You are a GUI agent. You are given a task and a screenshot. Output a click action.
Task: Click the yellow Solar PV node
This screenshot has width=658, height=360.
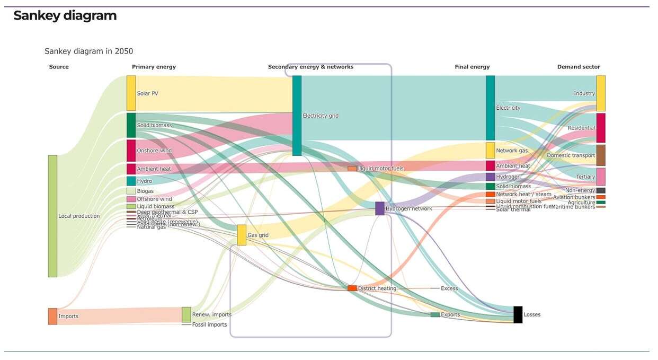click(131, 93)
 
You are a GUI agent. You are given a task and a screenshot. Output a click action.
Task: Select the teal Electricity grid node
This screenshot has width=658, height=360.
click(297, 116)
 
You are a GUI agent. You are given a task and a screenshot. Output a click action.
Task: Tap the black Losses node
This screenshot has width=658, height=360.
click(518, 314)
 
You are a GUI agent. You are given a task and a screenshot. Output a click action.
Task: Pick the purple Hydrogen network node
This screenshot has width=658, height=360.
click(379, 208)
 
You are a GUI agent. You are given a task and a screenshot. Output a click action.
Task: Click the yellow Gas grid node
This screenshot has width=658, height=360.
click(241, 235)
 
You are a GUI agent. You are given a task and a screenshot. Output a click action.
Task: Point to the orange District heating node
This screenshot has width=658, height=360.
click(352, 288)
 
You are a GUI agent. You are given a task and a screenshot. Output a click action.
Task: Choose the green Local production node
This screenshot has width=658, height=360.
click(52, 216)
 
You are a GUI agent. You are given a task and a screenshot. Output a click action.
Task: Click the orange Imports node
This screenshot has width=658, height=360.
click(52, 316)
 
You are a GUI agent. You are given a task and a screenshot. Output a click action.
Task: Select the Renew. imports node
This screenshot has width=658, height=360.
click(186, 314)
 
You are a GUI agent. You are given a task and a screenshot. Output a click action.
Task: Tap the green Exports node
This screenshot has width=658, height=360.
click(434, 315)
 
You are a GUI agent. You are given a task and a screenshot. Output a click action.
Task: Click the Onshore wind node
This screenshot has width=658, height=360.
click(131, 151)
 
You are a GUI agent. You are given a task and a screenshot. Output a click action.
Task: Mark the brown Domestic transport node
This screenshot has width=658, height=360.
click(600, 155)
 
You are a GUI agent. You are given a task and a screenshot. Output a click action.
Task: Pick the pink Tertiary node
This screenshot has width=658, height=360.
click(600, 177)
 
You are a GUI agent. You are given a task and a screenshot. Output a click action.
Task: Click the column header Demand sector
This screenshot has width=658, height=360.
click(578, 67)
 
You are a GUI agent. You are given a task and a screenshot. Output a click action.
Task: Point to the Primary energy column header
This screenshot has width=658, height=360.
click(154, 67)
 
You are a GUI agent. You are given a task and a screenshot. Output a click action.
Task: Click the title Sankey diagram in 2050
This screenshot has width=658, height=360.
click(88, 51)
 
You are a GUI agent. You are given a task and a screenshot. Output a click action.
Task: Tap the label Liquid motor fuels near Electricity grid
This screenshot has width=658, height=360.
click(380, 169)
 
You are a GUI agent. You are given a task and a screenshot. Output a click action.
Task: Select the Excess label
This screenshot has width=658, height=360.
click(449, 288)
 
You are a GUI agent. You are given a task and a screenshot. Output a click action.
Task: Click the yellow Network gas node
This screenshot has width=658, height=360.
click(490, 151)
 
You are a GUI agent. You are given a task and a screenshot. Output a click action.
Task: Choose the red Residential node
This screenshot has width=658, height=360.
click(600, 128)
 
